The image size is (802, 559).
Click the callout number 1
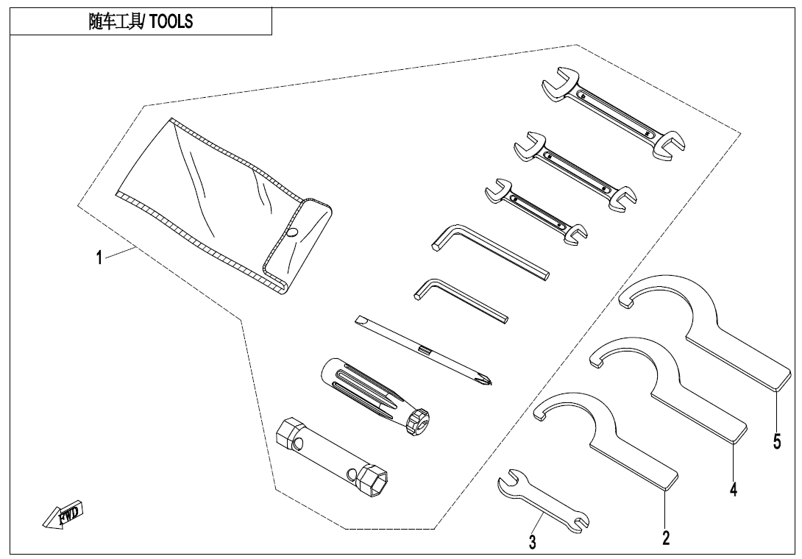[99, 260]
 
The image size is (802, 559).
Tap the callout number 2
[665, 538]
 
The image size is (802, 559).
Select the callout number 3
[532, 543]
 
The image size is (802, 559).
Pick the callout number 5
[777, 441]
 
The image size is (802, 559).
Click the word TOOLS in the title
[171, 22]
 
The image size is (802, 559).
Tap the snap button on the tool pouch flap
[293, 232]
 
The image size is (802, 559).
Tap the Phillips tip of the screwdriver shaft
[486, 380]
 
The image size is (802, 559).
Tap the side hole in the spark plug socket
[300, 444]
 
